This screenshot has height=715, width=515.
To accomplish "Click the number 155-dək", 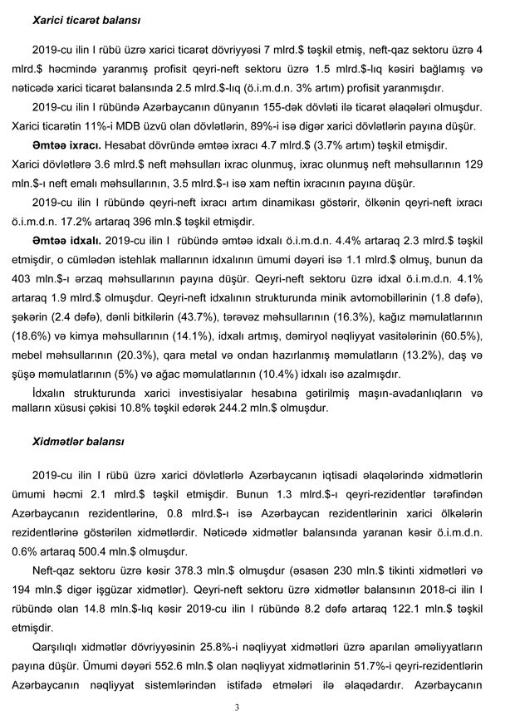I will click(307, 109).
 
